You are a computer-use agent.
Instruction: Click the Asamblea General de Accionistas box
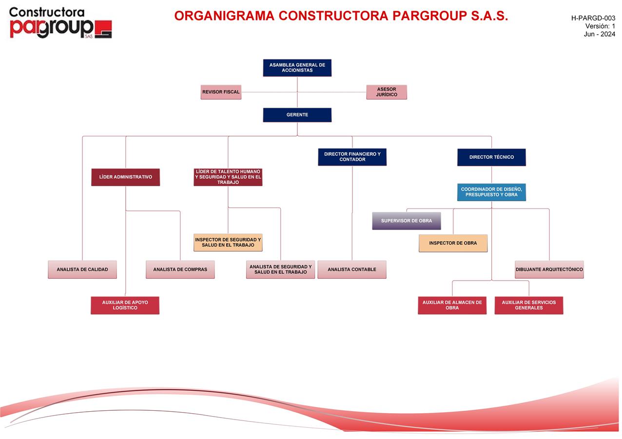pyautogui.click(x=297, y=68)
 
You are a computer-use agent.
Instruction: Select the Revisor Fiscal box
pyautogui.click(x=221, y=92)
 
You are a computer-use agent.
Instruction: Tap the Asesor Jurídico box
pyautogui.click(x=387, y=92)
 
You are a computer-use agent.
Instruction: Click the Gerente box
pyautogui.click(x=297, y=115)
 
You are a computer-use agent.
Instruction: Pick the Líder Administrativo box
pyautogui.click(x=125, y=177)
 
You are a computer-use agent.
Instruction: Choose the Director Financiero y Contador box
pyautogui.click(x=352, y=157)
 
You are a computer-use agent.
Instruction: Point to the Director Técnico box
pyautogui.click(x=491, y=157)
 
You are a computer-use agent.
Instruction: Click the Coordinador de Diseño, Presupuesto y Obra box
pyautogui.click(x=491, y=192)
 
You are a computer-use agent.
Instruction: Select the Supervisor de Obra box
pyautogui.click(x=406, y=221)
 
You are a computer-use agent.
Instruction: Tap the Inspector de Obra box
pyautogui.click(x=453, y=243)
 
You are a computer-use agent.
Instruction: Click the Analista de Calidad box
pyautogui.click(x=82, y=269)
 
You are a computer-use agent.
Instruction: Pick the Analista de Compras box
pyautogui.click(x=180, y=269)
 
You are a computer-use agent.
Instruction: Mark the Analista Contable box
pyautogui.click(x=351, y=269)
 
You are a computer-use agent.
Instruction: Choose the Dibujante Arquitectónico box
pyautogui.click(x=549, y=269)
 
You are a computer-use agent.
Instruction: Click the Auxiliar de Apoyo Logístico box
pyautogui.click(x=125, y=305)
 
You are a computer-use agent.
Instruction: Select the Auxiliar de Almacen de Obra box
pyautogui.click(x=452, y=305)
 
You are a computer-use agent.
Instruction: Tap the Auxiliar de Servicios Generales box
pyautogui.click(x=528, y=305)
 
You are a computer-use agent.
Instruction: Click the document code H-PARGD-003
pyautogui.click(x=593, y=18)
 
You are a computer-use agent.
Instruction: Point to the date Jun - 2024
pyautogui.click(x=599, y=34)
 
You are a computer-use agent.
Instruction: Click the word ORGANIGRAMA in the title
pyautogui.click(x=224, y=16)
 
